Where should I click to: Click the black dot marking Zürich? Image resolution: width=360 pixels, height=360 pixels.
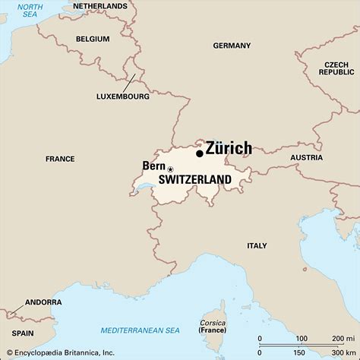point(200,153)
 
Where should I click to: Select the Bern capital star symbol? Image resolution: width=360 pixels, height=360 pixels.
point(170,169)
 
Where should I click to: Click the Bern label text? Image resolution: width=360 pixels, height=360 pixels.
point(153,166)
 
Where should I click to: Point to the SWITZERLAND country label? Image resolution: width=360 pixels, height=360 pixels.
point(194,180)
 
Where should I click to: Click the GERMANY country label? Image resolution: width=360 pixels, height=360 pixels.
point(232,46)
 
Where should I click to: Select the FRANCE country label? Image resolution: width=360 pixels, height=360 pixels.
point(60,159)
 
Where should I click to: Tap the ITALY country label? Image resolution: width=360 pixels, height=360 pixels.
point(257,245)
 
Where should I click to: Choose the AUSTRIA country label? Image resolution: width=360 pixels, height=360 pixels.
point(306,158)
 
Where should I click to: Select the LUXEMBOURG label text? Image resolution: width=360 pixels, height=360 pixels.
point(122,96)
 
